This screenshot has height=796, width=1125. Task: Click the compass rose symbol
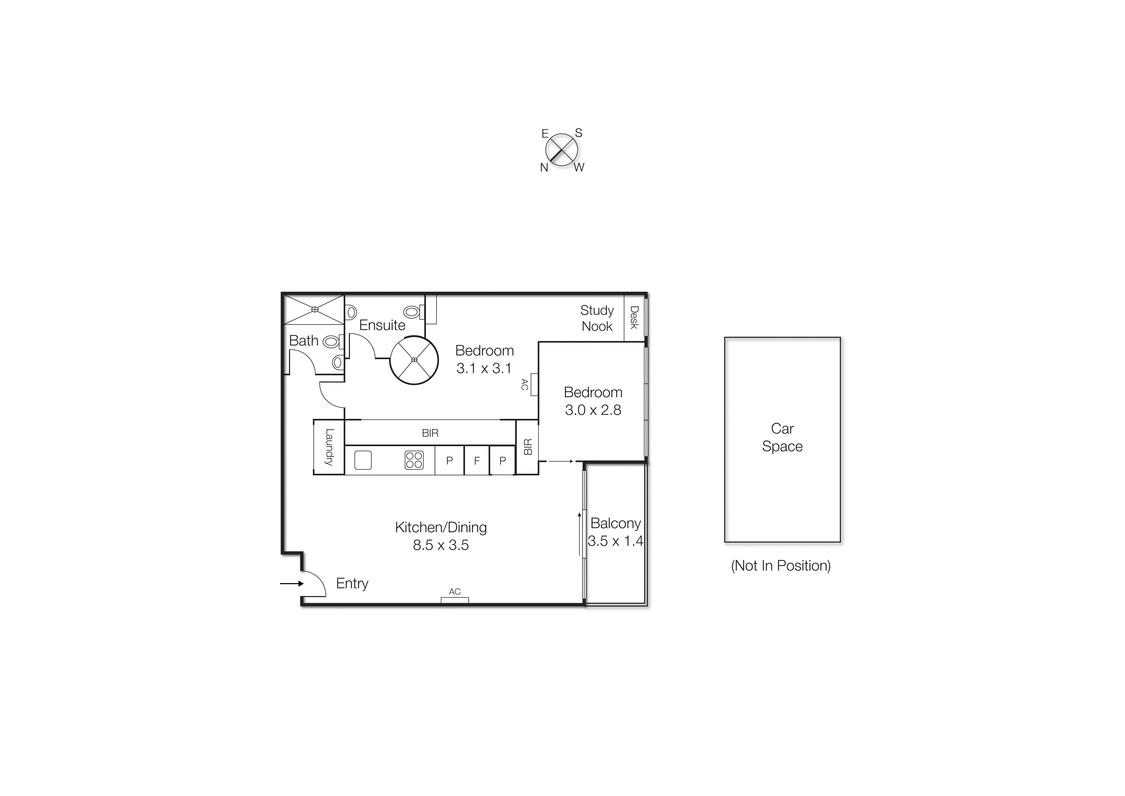[x=561, y=150]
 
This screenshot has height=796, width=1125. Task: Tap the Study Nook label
[x=597, y=318]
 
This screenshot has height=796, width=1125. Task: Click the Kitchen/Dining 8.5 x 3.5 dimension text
[x=441, y=545]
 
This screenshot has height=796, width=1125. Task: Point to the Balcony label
[x=615, y=523]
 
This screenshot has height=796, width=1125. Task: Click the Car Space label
[x=782, y=437]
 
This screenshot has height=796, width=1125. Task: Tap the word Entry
[x=352, y=583]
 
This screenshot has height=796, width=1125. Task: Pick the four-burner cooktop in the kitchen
[x=414, y=460]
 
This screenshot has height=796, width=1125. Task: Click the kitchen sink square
[x=363, y=460]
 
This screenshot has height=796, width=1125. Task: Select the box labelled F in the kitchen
[x=476, y=461]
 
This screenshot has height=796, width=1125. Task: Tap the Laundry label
[x=329, y=446]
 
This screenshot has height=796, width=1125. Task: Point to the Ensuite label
[x=382, y=325]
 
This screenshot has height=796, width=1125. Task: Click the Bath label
[x=303, y=341]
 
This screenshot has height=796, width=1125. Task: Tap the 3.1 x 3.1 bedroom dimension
[x=484, y=368]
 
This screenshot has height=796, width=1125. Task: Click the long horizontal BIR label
[x=430, y=433]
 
